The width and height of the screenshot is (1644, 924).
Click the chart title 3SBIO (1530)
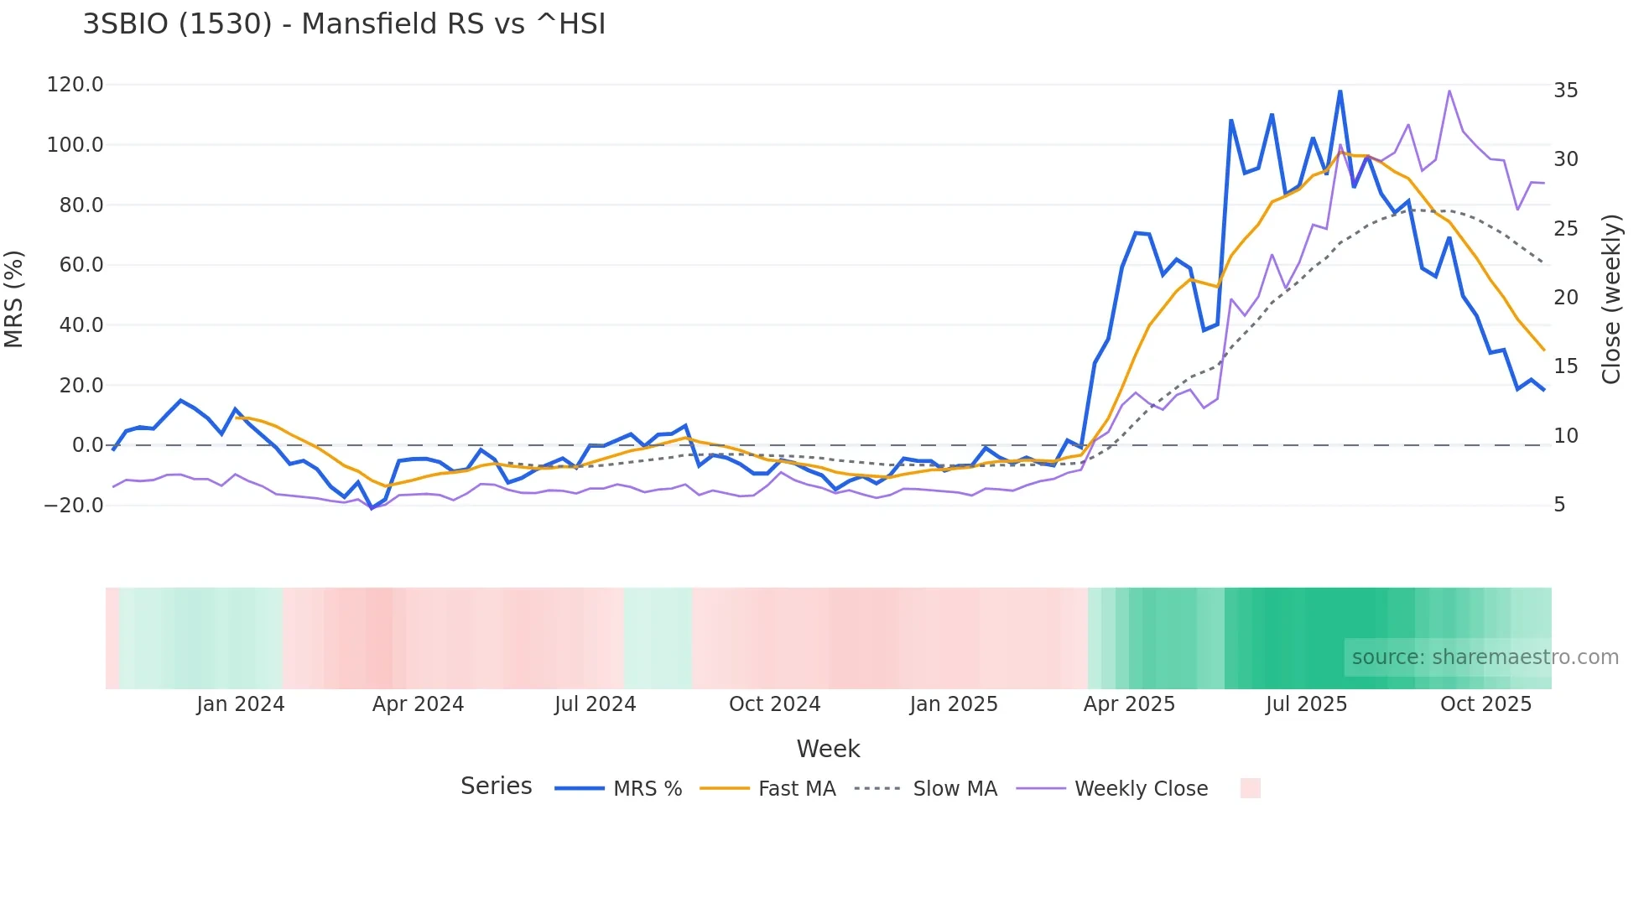[344, 23]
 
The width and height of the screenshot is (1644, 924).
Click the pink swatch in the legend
[1250, 788]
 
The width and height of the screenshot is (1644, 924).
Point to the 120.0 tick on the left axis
[75, 85]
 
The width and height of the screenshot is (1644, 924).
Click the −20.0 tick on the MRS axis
[74, 506]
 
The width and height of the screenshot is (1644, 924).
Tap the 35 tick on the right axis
[1565, 91]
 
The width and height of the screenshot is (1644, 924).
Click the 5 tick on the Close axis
[1559, 505]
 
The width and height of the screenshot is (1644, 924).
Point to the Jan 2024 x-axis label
[241, 704]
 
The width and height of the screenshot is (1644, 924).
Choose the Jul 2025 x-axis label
[1306, 704]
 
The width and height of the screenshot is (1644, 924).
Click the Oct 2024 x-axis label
[774, 704]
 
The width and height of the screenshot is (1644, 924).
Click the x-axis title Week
[828, 749]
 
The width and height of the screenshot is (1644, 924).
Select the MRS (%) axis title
[14, 298]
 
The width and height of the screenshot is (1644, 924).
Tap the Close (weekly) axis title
[1611, 298]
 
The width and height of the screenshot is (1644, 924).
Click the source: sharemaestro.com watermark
[1485, 657]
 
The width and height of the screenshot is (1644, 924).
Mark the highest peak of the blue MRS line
[1340, 91]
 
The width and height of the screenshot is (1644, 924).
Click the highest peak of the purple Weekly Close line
[1449, 91]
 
